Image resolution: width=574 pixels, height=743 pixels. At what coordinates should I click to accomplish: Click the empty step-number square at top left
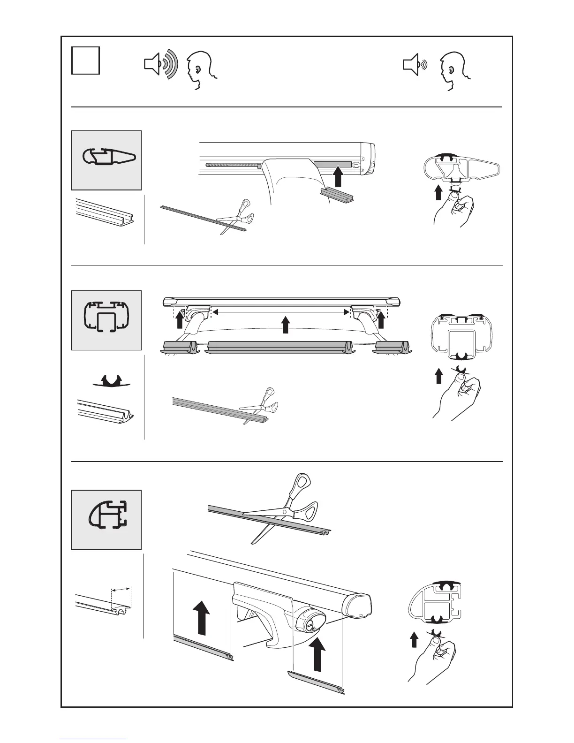click(x=85, y=60)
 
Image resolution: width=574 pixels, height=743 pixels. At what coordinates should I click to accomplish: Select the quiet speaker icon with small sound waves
click(x=415, y=65)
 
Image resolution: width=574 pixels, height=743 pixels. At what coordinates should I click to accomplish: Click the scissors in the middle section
click(x=257, y=405)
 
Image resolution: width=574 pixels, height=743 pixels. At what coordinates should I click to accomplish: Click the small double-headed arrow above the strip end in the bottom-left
click(x=121, y=589)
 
